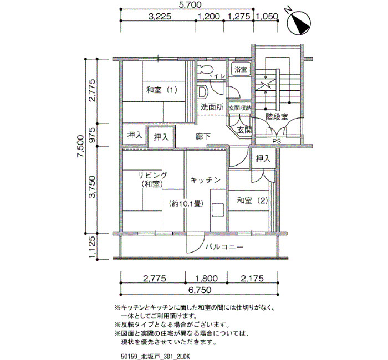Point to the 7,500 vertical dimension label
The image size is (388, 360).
point(80,146)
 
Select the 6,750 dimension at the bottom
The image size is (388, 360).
point(200,290)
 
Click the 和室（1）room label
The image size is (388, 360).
point(162,90)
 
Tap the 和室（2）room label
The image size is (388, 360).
point(252,200)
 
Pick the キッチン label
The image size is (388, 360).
point(206,180)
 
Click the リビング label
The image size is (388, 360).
point(152,176)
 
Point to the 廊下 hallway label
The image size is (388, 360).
point(203,136)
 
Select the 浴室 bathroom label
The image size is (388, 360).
point(241,69)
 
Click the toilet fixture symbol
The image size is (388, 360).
point(206,69)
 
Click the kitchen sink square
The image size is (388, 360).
point(218,210)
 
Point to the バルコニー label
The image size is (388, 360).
point(224,247)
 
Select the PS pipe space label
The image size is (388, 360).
point(277,142)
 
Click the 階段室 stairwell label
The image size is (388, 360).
point(277,117)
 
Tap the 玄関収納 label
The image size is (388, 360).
point(239,108)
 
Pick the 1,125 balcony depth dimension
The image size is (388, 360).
point(92,247)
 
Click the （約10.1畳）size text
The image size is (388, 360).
point(187,204)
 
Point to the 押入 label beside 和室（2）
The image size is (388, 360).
point(263,158)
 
